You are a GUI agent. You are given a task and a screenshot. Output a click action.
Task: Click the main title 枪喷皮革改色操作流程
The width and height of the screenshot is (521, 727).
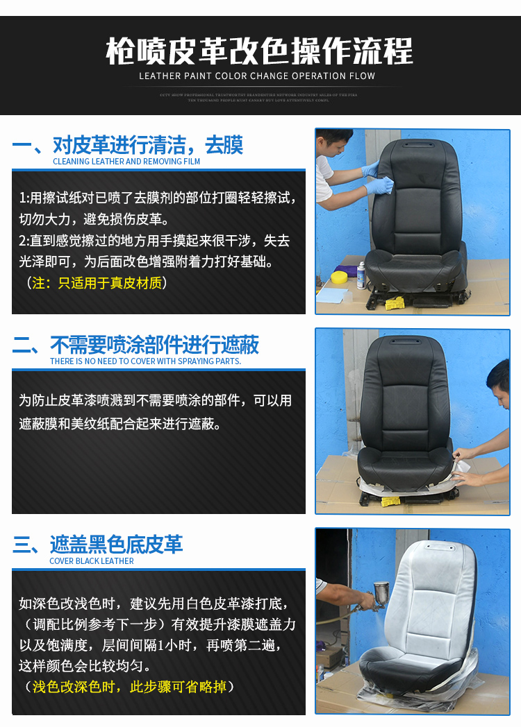point(260,51)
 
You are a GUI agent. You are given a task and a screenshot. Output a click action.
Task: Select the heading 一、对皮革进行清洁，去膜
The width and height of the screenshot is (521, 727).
point(128,145)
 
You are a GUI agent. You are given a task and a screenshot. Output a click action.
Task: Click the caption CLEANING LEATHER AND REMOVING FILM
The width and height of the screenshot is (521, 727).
point(126,162)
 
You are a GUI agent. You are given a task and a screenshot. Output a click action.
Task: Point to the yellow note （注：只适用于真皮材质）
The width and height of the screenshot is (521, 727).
point(97,283)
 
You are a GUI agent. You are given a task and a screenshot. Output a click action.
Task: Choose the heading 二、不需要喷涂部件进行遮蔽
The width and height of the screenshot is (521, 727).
point(135,345)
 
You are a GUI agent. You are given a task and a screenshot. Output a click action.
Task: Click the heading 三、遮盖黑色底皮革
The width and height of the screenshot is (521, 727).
point(98,545)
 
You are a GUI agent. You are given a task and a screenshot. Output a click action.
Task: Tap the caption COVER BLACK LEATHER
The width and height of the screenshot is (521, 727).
point(92,561)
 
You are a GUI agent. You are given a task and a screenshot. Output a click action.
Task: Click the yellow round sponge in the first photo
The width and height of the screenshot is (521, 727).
point(339,277)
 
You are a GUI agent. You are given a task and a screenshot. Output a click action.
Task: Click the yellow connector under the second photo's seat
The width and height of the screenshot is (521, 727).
point(390,501)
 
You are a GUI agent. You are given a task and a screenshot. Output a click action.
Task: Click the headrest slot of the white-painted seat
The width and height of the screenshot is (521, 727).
point(436,548)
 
